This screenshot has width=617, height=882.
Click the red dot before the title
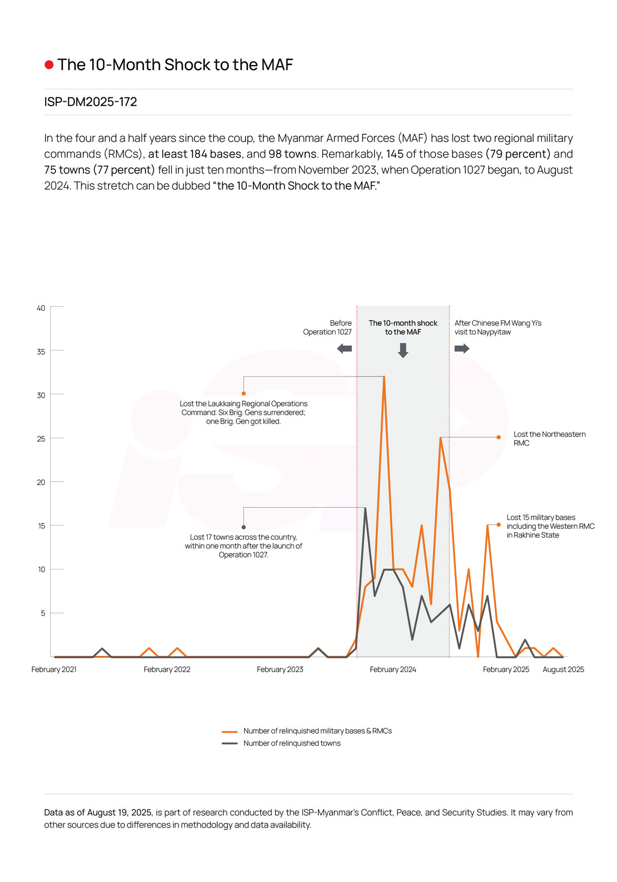coord(49,65)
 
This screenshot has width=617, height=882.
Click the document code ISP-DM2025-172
coord(91,102)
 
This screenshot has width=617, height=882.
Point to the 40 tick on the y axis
coord(41,308)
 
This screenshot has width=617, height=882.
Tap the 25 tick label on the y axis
coord(41,439)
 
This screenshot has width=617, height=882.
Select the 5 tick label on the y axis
coord(43,613)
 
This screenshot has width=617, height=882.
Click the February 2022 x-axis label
coord(167,670)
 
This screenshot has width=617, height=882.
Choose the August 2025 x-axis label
coord(563,670)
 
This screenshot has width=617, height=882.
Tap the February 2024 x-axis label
coord(393,670)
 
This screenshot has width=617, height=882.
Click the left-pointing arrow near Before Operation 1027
coord(345,349)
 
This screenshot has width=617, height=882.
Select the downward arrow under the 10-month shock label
coord(403,350)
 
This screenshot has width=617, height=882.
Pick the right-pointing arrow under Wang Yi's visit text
coord(462,349)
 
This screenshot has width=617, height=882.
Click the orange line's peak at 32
coord(384,377)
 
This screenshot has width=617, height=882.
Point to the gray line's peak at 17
coord(365,508)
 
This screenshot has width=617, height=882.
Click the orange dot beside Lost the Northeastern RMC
coord(499,437)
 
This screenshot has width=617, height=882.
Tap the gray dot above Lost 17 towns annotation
coord(243,527)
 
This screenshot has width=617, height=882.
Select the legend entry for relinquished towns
coord(291,743)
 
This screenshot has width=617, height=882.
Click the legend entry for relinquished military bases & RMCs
coord(317,731)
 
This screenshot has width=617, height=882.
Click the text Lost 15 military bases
coord(540,517)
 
